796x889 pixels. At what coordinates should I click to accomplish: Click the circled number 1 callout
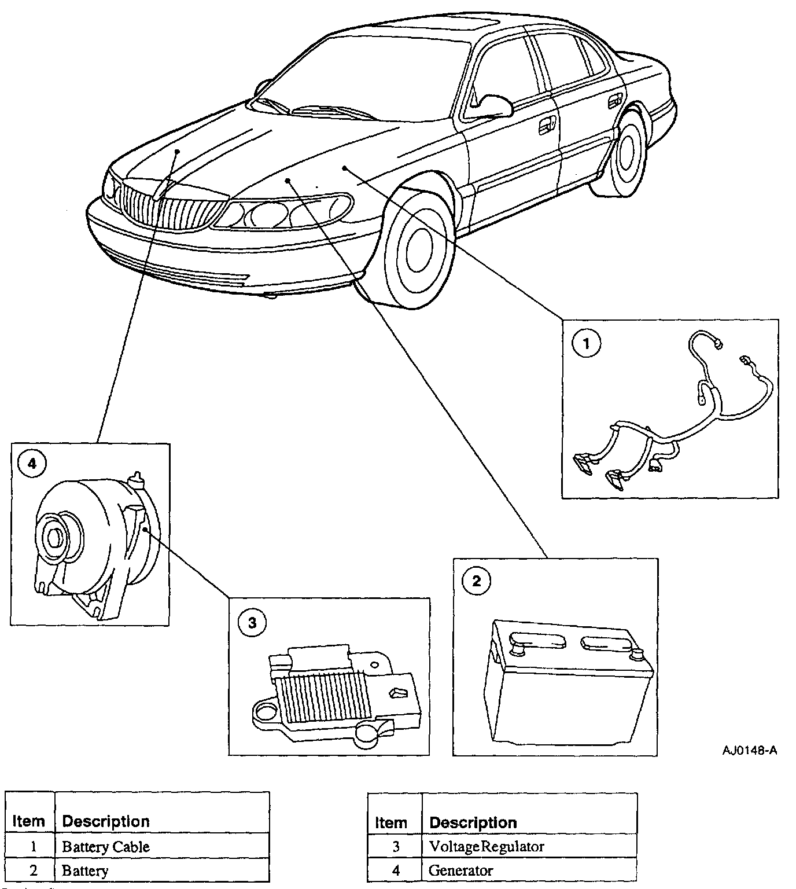[586, 344]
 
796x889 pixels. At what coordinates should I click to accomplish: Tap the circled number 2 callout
[476, 581]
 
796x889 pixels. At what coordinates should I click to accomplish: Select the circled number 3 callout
[252, 623]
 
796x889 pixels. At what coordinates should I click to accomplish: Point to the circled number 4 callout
[31, 464]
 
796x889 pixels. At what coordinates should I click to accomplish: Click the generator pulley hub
[56, 538]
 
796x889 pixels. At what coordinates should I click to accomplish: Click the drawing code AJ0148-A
[749, 751]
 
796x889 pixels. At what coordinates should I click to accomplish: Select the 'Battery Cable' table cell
[106, 847]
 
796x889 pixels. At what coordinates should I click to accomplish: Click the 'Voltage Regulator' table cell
[487, 847]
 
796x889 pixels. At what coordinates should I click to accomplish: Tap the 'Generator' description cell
[461, 870]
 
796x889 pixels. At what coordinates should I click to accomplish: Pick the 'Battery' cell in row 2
[85, 870]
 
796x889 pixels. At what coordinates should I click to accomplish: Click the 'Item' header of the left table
[28, 821]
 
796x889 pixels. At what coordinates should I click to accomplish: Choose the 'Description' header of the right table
[473, 822]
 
